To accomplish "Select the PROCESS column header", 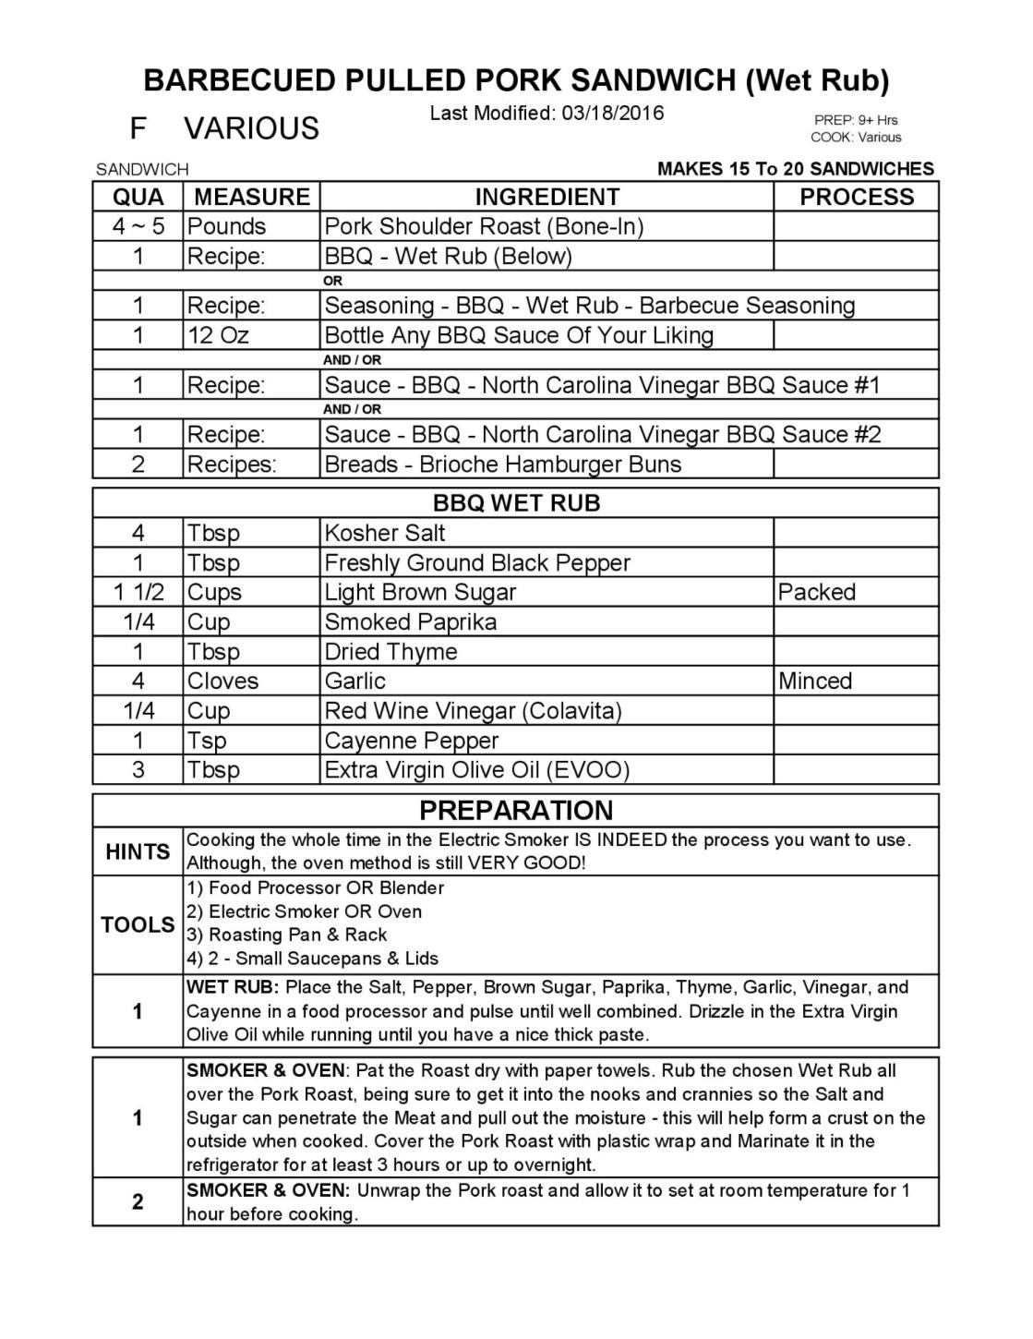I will click(856, 197).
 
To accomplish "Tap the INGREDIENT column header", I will click(547, 197).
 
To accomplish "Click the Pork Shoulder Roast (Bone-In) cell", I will click(484, 226).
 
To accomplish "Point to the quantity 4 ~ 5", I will click(138, 226).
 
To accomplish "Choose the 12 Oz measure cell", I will click(218, 335).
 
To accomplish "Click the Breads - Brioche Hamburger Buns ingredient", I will click(502, 464).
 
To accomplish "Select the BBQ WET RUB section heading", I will click(516, 503).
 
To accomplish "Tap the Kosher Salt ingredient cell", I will click(385, 533).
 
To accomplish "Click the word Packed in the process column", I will click(817, 592).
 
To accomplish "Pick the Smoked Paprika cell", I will click(410, 621).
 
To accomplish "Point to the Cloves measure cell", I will click(223, 681).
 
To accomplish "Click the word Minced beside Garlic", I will click(815, 681).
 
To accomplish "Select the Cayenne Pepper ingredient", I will click(411, 740).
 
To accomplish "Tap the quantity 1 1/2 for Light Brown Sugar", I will click(138, 592).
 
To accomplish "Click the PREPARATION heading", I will click(516, 810).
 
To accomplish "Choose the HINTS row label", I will click(138, 851).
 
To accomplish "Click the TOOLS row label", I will click(138, 924).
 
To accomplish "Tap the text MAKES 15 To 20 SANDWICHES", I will click(795, 169).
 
